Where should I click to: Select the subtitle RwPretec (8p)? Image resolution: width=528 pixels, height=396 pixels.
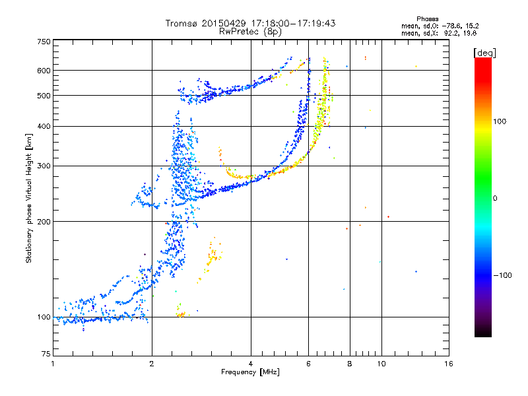250,32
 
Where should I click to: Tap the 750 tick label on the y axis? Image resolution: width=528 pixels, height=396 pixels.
44,42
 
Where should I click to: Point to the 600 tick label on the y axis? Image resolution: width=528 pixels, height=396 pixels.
44,71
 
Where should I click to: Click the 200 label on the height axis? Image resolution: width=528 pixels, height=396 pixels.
44,222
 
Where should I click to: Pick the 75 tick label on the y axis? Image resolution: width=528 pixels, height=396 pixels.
46,354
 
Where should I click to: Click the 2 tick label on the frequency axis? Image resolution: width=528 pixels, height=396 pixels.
152,364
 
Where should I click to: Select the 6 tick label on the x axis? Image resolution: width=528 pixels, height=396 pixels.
308,364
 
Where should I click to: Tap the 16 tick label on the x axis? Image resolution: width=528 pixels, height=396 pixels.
449,364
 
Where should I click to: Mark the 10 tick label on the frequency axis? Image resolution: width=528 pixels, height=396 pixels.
381,364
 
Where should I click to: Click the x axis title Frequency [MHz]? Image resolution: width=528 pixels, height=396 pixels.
250,372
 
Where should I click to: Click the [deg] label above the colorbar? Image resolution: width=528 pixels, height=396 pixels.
484,53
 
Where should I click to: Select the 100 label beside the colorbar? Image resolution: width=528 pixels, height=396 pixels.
500,121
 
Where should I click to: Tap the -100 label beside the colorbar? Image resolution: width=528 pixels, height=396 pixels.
502,275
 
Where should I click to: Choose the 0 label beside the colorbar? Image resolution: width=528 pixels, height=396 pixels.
495,199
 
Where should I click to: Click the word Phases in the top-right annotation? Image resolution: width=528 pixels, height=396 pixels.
427,19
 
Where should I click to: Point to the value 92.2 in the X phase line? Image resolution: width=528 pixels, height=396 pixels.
451,34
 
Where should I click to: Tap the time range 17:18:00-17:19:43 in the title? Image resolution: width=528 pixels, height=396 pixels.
293,24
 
